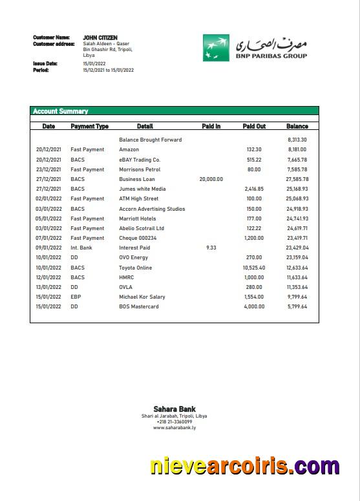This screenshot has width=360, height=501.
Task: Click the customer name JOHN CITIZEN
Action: click(x=100, y=37)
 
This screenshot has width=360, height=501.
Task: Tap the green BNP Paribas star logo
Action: click(x=216, y=48)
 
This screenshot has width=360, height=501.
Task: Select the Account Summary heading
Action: click(x=61, y=111)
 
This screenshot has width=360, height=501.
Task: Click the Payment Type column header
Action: click(x=89, y=126)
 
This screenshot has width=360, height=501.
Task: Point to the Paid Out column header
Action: click(x=254, y=126)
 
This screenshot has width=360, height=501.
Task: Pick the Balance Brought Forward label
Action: click(x=150, y=140)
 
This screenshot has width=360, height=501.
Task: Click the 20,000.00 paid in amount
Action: click(x=211, y=179)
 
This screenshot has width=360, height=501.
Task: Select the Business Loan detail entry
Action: click(x=137, y=179)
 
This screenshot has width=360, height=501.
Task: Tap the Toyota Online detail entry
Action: click(x=136, y=268)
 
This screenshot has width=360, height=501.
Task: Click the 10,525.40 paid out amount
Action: click(x=254, y=268)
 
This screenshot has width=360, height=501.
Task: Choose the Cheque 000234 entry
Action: click(x=138, y=238)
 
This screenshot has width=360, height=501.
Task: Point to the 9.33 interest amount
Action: click(x=211, y=248)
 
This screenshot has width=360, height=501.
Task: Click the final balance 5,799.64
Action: click(x=297, y=306)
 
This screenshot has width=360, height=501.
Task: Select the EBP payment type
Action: click(x=76, y=297)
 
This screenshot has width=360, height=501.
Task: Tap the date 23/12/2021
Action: click(x=48, y=169)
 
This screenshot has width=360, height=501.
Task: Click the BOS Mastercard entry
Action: click(x=138, y=306)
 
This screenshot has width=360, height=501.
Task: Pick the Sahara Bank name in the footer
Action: click(x=174, y=409)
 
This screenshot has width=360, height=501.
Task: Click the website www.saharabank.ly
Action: click(x=175, y=427)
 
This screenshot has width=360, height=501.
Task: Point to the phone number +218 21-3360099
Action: click(x=175, y=421)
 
